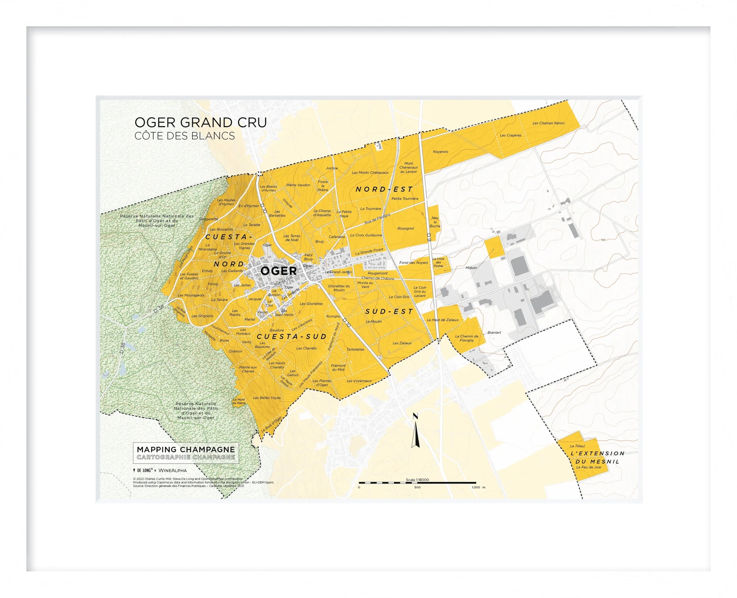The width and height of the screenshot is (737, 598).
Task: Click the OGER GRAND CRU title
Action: [x=200, y=122]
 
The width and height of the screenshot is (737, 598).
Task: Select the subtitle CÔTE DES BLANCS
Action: [x=184, y=136]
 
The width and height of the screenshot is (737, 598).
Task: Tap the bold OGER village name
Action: [x=279, y=271]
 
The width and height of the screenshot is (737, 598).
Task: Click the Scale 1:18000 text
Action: [x=417, y=480]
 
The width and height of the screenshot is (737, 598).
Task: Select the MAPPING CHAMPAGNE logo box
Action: [x=186, y=453]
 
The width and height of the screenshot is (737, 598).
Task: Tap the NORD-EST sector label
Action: [x=384, y=189]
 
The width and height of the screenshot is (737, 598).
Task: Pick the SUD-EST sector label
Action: [x=389, y=312]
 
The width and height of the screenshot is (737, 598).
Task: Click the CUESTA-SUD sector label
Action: [x=292, y=337]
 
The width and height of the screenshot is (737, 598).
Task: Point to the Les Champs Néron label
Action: [x=548, y=123]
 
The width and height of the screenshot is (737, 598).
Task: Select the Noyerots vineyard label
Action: [x=440, y=152]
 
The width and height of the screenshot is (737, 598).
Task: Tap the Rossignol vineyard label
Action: [x=406, y=228]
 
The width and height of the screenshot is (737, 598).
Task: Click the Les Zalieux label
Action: [x=402, y=343]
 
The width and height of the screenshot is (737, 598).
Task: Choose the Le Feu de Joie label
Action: [x=588, y=467]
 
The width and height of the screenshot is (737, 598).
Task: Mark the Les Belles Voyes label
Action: [x=267, y=398]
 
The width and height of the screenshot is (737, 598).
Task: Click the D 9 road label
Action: [x=429, y=237]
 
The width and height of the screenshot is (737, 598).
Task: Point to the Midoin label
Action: [x=471, y=268]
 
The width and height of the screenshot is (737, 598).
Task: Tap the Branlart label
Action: [x=494, y=333]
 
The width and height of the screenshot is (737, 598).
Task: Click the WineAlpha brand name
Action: [x=172, y=470]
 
